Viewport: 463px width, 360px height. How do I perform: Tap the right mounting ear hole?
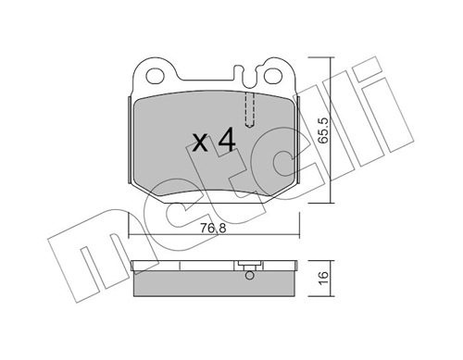(x=275, y=71)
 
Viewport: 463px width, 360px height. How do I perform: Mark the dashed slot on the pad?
(x=248, y=108)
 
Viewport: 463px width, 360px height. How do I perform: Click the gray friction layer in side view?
(x=215, y=285)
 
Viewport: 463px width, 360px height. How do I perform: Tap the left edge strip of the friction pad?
(x=127, y=139)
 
